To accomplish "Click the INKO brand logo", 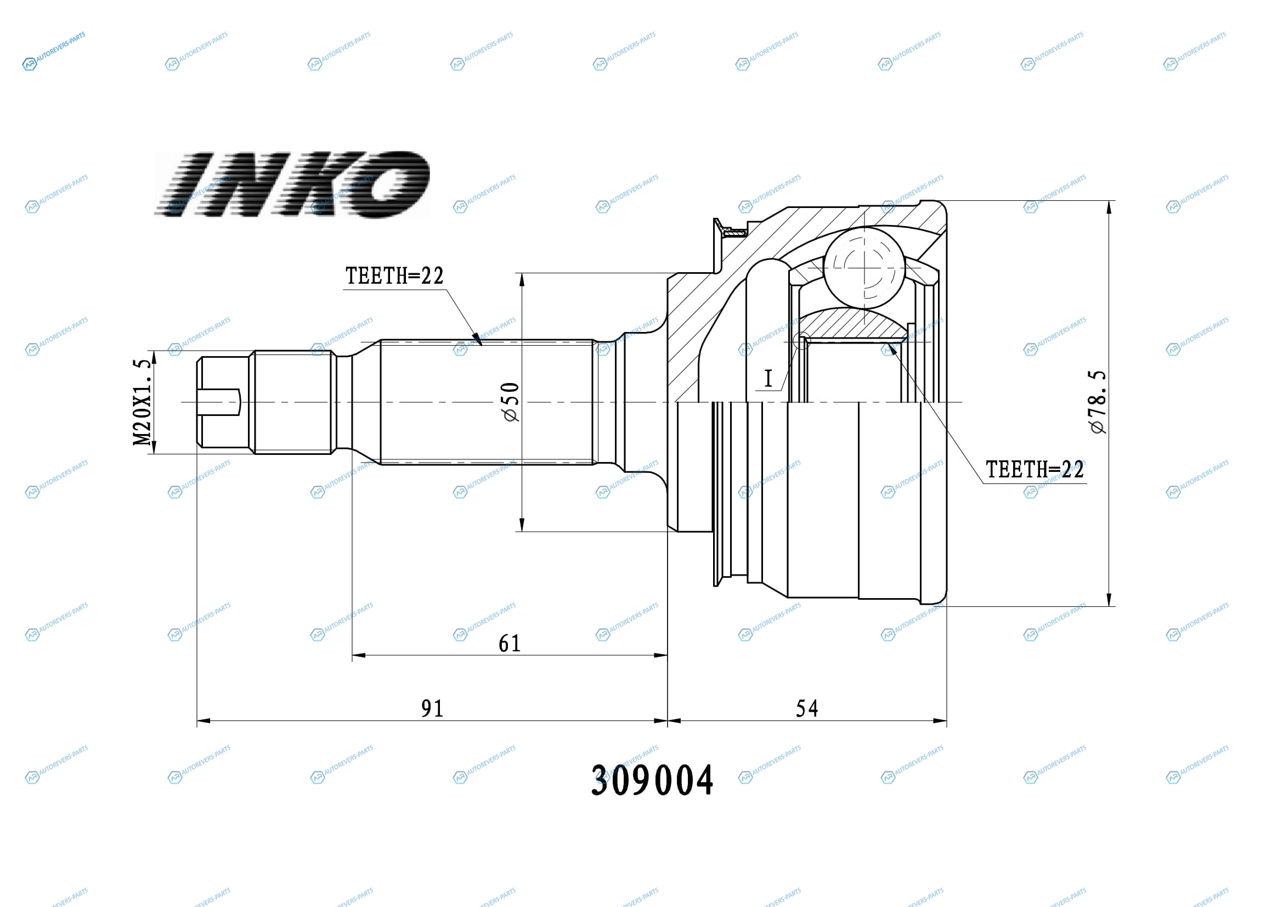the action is pos(292,184).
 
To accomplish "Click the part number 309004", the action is pos(652,781).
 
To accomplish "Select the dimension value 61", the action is pos(509,644).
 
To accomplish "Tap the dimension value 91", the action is pos(432,708).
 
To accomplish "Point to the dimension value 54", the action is pos(807,708).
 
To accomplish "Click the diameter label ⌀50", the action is pos(511,402).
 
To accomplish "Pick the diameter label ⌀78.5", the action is pos(1097,402).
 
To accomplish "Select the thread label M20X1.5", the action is pos(142,402).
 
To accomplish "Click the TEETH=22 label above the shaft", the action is pos(394,275).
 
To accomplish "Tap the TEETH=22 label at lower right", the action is pos(1035,470).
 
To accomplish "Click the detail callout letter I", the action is pos(768,379).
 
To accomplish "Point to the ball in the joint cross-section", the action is pos(864,268).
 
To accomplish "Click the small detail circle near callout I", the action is pos(801,340).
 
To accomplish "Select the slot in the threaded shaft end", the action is pos(218,402).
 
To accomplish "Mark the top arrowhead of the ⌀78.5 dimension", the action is pos(1109,207).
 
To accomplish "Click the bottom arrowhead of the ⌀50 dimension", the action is pos(522,524).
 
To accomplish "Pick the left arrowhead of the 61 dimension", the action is pos(359,656).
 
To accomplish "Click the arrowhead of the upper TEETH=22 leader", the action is pos(477,339).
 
